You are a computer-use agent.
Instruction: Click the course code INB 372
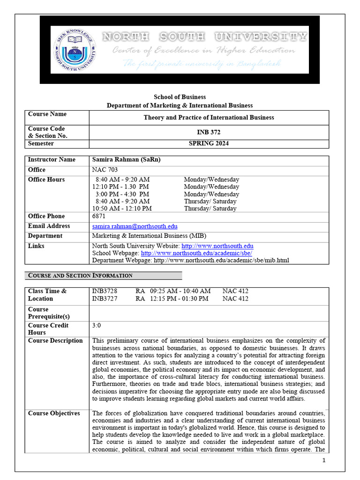point(209,132)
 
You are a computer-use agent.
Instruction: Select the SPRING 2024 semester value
point(209,143)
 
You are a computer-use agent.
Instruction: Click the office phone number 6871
point(99,216)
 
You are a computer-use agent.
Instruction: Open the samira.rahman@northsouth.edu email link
point(135,226)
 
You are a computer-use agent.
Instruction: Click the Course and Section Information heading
point(80,276)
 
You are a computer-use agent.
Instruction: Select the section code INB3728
point(105,291)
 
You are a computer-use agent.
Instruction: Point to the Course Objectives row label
point(54,413)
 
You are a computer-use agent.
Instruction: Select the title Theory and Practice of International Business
point(209,118)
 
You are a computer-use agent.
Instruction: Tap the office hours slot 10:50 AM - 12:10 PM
point(122,209)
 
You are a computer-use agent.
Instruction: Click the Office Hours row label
point(46,180)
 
